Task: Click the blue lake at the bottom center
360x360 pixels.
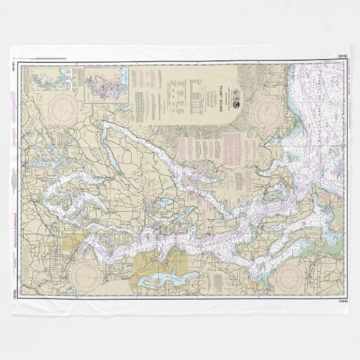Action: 166,279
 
